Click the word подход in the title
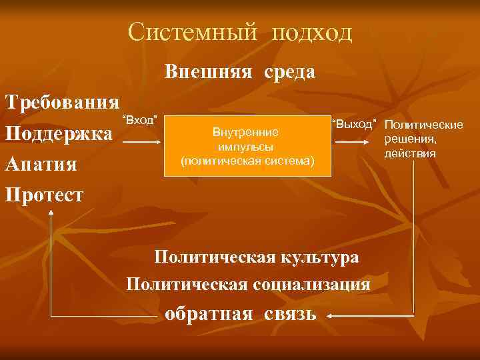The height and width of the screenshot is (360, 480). (311, 33)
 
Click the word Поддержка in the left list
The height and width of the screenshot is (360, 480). (59, 133)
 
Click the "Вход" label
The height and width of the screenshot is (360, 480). (139, 120)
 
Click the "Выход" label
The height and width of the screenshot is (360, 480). (354, 123)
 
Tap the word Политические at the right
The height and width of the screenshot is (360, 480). (423, 125)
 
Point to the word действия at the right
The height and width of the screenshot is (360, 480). (419, 153)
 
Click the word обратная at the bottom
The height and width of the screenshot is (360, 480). (209, 313)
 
